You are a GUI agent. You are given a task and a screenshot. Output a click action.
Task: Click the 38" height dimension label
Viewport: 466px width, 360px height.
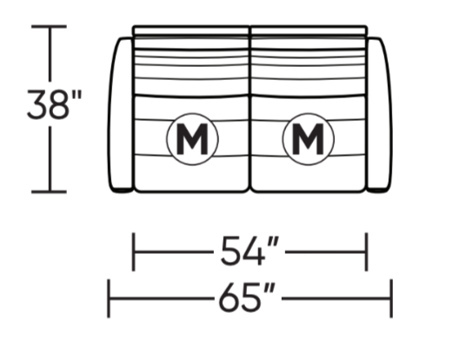click(x=54, y=104)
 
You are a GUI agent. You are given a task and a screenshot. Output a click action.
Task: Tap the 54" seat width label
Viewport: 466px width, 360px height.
click(x=250, y=250)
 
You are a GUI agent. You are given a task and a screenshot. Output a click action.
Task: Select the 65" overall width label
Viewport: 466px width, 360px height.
click(x=247, y=297)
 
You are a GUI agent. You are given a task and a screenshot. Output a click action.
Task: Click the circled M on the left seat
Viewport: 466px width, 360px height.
click(x=192, y=139)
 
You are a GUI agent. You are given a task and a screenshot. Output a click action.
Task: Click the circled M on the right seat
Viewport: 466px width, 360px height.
click(x=308, y=139)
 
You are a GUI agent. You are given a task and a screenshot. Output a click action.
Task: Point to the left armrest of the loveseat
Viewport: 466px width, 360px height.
click(x=120, y=115)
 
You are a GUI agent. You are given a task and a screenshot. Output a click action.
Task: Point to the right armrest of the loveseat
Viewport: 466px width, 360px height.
click(x=380, y=115)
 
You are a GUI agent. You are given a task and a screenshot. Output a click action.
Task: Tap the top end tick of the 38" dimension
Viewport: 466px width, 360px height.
click(x=49, y=26)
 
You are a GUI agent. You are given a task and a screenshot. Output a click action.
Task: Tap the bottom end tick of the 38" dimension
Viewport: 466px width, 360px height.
click(x=49, y=192)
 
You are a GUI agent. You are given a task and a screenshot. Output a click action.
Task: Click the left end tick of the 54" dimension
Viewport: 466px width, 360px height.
click(x=133, y=252)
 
